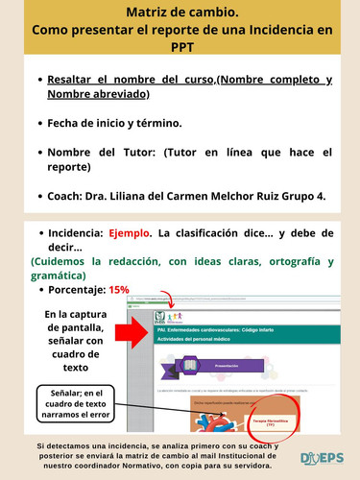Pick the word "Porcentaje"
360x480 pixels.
(x=76, y=289)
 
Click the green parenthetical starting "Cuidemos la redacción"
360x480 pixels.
(x=182, y=268)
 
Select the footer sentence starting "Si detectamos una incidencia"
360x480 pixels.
(x=158, y=455)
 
